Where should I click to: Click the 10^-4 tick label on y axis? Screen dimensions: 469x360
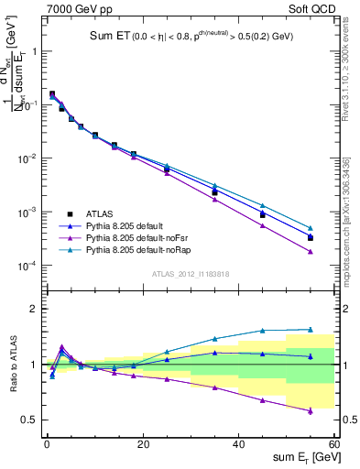point(27,266)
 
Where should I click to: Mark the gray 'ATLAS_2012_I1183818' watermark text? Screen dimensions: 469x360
point(190,274)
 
